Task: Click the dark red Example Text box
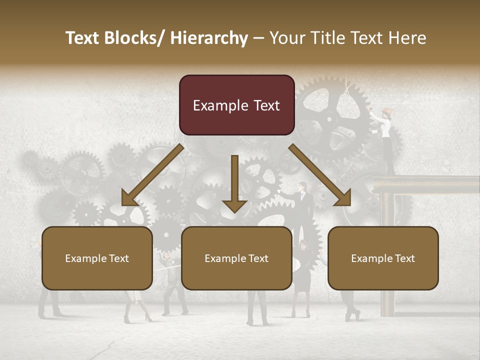[236, 105]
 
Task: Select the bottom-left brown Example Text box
[97, 258]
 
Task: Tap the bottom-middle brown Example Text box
[236, 258]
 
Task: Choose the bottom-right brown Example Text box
[383, 258]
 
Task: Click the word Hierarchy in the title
[209, 38]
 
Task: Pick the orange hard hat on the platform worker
[387, 111]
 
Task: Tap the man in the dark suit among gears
[303, 205]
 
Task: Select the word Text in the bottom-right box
[404, 258]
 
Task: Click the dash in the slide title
[258, 38]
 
